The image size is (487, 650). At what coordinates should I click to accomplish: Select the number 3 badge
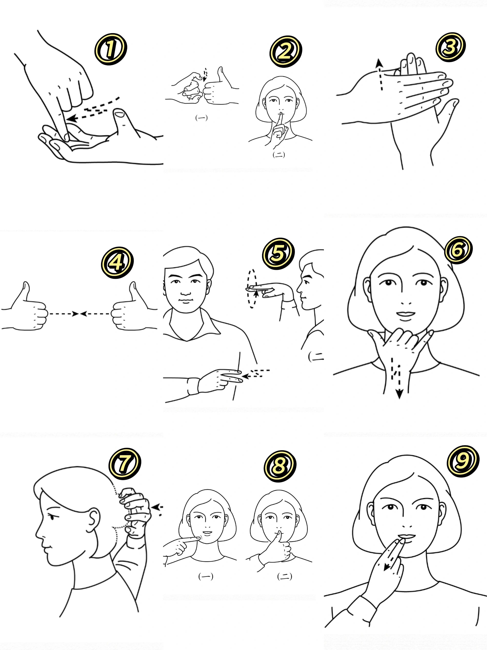click(450, 47)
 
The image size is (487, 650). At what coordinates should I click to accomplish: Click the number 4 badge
click(117, 262)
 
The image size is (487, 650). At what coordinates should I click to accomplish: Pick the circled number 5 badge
click(278, 253)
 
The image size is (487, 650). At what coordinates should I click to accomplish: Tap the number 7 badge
click(124, 464)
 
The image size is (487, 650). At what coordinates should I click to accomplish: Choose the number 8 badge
click(280, 466)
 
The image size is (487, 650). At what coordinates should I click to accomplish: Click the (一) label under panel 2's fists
click(201, 118)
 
